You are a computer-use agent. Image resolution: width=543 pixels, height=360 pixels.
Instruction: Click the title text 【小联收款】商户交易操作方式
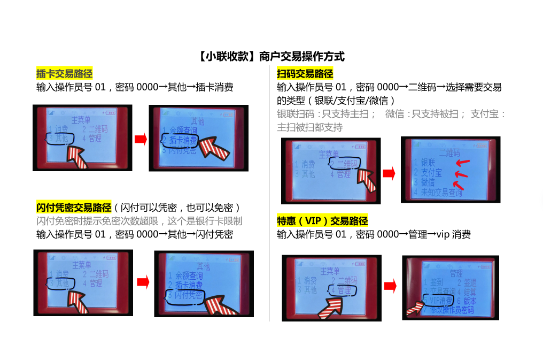point(271,56)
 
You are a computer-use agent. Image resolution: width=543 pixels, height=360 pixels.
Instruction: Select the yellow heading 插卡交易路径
point(65,74)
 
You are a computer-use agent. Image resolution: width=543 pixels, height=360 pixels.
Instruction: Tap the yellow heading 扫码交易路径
point(305,74)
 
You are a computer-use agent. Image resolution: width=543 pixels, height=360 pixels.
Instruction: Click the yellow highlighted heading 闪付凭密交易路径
point(74,208)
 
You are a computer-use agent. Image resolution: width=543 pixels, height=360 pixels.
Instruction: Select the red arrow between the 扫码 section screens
point(389,173)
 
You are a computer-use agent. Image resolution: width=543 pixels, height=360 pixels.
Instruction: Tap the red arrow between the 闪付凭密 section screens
point(143,282)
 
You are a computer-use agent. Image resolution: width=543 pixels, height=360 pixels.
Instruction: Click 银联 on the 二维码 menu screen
point(428,163)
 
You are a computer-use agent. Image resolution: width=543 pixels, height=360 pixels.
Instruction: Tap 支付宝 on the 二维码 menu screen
point(431,173)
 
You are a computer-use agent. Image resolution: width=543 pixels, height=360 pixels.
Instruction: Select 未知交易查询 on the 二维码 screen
point(441,193)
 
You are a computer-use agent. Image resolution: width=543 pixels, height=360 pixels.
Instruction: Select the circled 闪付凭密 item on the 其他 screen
point(185,295)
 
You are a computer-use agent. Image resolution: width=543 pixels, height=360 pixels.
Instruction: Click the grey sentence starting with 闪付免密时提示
point(139,221)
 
